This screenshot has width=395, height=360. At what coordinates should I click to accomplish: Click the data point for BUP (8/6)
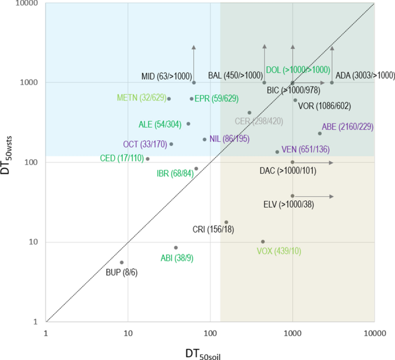point(122,262)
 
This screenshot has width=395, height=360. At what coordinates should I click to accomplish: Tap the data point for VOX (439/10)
point(263,242)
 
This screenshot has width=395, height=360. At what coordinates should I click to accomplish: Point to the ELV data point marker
point(292,196)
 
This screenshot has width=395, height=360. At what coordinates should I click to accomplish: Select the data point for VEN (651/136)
point(277,152)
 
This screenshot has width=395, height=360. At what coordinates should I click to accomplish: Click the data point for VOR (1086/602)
point(295,100)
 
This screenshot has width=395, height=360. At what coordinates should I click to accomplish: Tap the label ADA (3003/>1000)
point(365,75)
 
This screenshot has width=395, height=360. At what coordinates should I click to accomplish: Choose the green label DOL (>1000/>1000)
point(298,69)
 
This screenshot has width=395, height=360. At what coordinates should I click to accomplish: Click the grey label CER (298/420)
point(259,121)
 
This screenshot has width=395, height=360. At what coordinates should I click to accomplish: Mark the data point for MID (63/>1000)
point(194,82)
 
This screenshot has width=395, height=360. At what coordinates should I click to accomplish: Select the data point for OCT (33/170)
point(171,144)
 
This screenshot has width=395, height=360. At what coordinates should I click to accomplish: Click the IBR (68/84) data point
point(196,168)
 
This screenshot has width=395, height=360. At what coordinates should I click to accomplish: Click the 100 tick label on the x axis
point(210,332)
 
